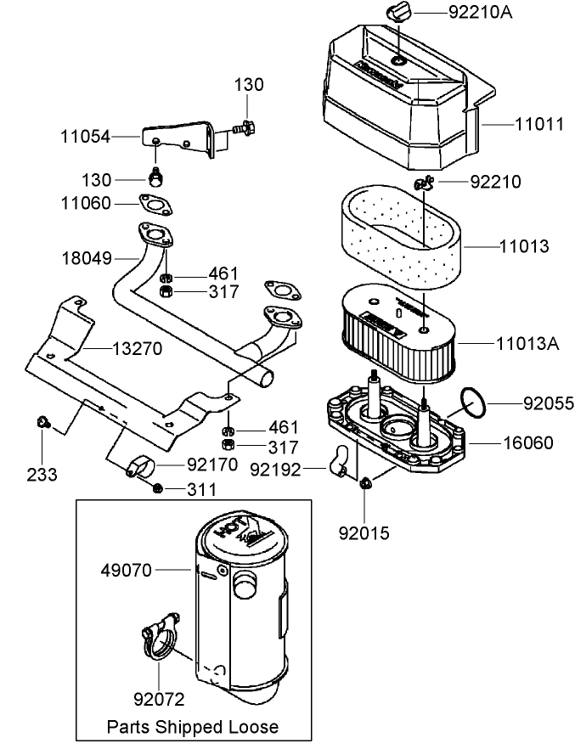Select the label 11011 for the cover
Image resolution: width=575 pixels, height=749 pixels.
538,123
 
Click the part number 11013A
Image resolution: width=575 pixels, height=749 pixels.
528,343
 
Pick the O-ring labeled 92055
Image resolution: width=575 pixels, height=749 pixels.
472,402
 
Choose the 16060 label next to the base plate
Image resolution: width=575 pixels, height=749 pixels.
527,442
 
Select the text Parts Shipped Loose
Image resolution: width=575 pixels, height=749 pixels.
192,727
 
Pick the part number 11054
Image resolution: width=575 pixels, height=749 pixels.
86,136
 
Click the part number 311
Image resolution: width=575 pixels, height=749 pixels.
201,489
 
